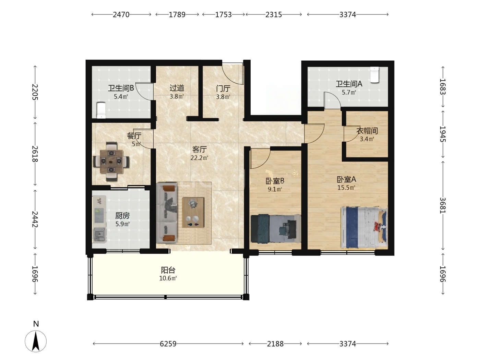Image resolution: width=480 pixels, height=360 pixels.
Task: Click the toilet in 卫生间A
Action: tap(374, 75)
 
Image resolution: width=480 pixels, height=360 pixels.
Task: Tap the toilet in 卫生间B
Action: tap(101, 110)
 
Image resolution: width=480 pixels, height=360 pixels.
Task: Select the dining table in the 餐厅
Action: tap(111, 161)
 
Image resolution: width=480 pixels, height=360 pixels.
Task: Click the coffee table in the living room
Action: tap(193, 213)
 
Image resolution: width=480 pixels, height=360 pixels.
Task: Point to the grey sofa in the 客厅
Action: tap(166, 213)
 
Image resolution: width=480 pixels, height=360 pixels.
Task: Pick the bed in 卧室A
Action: tap(364, 228)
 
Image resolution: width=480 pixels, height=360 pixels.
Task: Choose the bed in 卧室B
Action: tap(276, 228)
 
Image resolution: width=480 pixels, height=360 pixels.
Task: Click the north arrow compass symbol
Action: tap(36, 341)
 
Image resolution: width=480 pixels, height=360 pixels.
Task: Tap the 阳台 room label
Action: tap(168, 270)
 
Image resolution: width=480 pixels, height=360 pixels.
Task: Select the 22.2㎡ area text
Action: tap(199, 158)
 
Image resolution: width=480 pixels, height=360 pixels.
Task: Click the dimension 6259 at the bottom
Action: tap(168, 344)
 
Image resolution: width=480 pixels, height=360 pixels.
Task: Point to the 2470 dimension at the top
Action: tap(121, 14)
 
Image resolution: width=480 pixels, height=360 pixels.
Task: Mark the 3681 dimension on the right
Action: tap(443, 205)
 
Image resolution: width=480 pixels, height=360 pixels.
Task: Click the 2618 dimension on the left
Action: tap(35, 154)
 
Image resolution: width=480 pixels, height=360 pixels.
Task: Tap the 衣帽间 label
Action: tap(367, 131)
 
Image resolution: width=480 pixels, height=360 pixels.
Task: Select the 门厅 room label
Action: tap(223, 88)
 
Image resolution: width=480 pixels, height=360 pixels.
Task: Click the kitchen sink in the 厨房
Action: tap(99, 234)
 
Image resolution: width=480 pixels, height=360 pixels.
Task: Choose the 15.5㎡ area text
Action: tap(346, 188)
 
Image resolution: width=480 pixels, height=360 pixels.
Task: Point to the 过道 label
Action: tap(177, 88)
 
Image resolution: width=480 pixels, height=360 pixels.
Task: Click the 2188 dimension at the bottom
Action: tap(275, 344)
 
